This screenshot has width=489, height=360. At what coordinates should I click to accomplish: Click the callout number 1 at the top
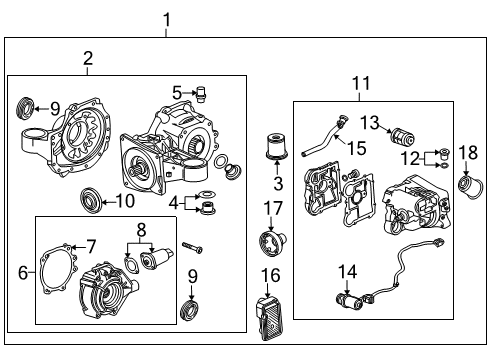[166, 19]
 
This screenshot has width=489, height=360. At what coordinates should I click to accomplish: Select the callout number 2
[87, 59]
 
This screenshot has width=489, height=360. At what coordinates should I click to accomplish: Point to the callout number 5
[175, 93]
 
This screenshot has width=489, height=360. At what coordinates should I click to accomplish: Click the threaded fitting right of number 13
[402, 134]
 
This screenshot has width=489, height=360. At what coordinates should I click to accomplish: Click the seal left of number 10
[92, 202]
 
